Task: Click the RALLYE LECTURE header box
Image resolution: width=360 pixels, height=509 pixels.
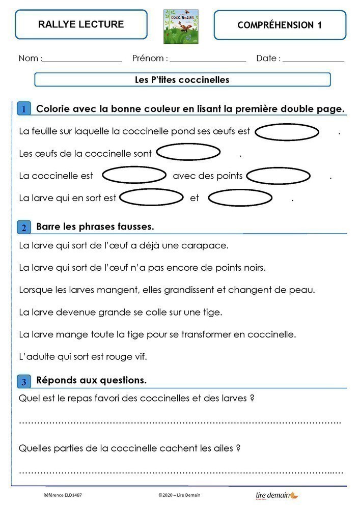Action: click(x=81, y=24)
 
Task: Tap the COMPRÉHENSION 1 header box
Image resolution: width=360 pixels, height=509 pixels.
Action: click(x=280, y=25)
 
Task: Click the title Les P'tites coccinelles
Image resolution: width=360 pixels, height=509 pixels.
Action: click(x=182, y=80)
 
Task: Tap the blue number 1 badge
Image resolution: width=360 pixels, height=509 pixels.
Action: click(x=23, y=109)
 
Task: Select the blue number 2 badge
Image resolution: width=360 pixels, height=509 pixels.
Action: click(x=24, y=227)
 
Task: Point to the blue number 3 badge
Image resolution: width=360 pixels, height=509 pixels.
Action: click(x=24, y=381)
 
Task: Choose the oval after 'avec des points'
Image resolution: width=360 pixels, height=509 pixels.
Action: click(x=278, y=177)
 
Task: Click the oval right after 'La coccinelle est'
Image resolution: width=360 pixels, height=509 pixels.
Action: click(x=134, y=176)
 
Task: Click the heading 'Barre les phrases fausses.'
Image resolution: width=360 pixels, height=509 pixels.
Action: click(x=95, y=226)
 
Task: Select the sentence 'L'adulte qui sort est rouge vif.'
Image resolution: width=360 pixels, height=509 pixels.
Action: click(x=82, y=357)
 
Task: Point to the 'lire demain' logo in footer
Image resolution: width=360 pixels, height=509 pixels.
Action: click(x=276, y=495)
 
